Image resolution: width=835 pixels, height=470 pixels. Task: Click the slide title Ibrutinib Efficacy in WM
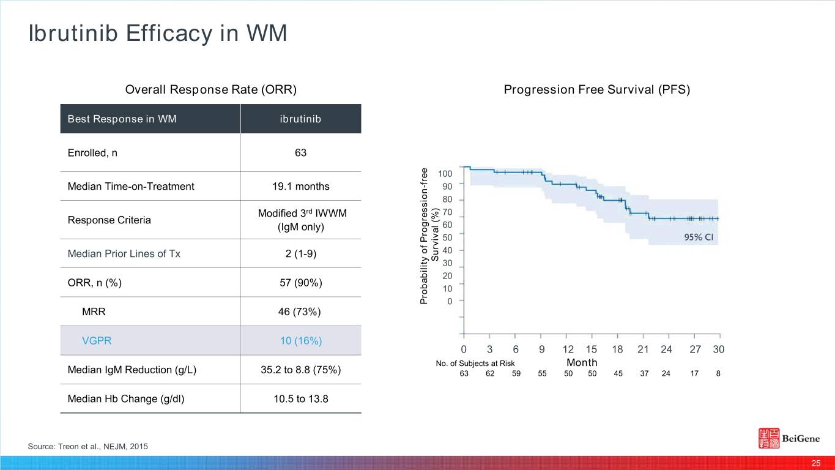(157, 34)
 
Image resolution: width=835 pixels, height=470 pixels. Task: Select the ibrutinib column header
(300, 119)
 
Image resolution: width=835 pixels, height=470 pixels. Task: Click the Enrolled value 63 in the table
(300, 153)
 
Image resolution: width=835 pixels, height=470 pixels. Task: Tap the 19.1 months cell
(300, 186)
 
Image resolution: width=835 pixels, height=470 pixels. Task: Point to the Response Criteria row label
(109, 220)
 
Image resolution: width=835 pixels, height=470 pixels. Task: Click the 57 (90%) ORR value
(300, 283)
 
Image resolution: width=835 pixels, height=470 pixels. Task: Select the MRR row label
(94, 311)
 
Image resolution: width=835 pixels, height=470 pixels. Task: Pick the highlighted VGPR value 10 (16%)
(300, 341)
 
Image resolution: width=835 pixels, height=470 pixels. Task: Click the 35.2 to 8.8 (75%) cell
(300, 370)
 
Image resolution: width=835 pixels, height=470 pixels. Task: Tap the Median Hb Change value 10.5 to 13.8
(300, 399)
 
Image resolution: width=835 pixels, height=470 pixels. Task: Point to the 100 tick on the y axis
(445, 174)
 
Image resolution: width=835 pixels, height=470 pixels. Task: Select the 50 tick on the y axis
(447, 237)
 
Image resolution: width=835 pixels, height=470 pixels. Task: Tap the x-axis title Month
(582, 362)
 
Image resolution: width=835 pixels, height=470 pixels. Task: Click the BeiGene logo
(789, 439)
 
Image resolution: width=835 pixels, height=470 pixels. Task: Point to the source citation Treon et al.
(87, 447)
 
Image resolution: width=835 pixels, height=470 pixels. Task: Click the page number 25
(815, 463)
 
